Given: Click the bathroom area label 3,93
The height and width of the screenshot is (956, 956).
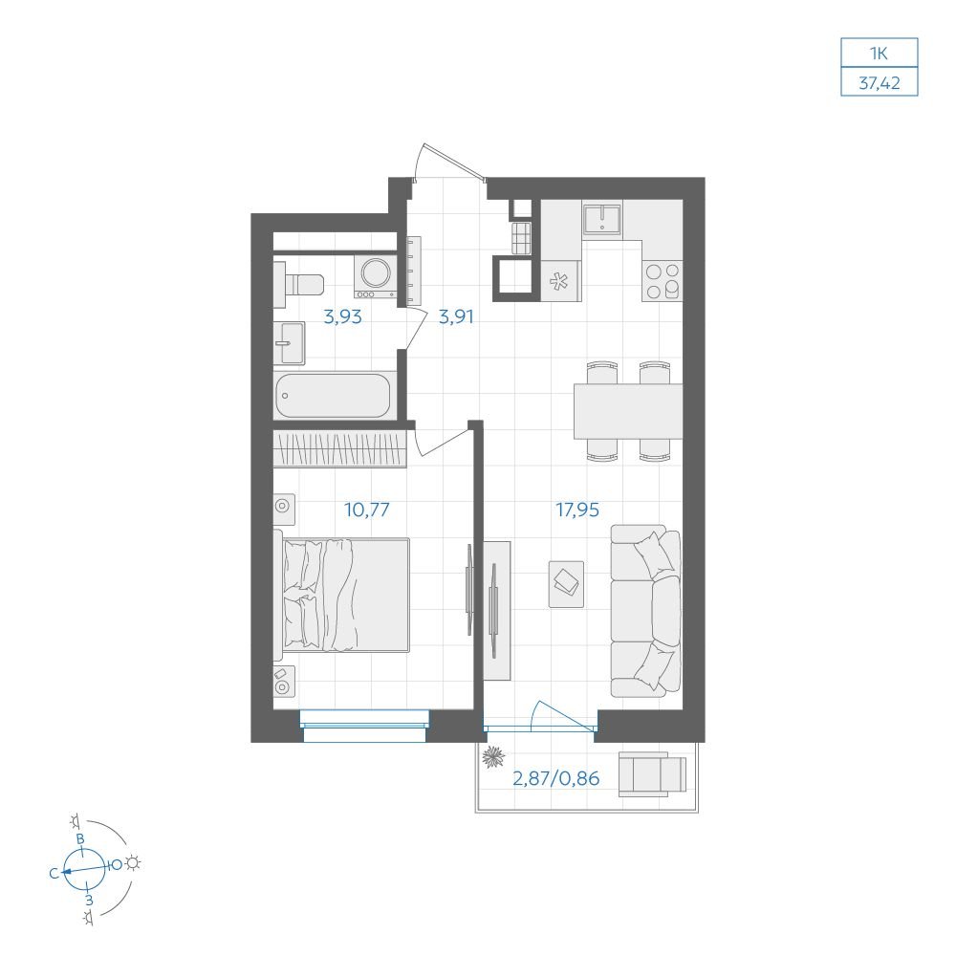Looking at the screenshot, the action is [x=342, y=317].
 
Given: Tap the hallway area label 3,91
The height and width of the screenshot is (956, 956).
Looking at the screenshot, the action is [x=456, y=317].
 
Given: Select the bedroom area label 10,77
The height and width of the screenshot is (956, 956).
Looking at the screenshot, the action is [x=366, y=510].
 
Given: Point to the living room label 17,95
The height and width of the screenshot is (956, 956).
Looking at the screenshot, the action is [x=577, y=510].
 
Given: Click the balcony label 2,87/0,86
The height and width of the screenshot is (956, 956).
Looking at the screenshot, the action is [x=556, y=778].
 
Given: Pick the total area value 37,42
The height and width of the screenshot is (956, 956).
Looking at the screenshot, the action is [x=880, y=83].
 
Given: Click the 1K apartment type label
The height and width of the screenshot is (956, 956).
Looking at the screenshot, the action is [x=879, y=54].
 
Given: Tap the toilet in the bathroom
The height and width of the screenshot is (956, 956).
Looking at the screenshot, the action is [x=298, y=284].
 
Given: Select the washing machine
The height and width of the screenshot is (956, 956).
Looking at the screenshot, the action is [x=376, y=277].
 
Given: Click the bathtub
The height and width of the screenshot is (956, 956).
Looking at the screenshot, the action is [x=333, y=396].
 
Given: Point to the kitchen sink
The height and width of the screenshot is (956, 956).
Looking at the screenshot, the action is [x=601, y=219].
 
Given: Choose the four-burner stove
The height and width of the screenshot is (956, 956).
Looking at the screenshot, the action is [x=663, y=281].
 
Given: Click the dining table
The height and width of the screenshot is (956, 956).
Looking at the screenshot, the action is [x=628, y=411].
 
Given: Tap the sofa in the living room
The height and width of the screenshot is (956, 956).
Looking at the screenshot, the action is [x=645, y=611].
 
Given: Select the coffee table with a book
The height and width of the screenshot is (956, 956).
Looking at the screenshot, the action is [x=566, y=584].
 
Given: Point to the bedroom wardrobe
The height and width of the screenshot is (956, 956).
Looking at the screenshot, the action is [x=339, y=449].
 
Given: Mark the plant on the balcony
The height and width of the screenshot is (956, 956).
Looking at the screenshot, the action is [x=493, y=757].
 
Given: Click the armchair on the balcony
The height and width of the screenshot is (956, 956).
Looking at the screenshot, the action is [x=652, y=774].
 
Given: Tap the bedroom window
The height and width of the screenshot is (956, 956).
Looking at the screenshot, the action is [x=364, y=726].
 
